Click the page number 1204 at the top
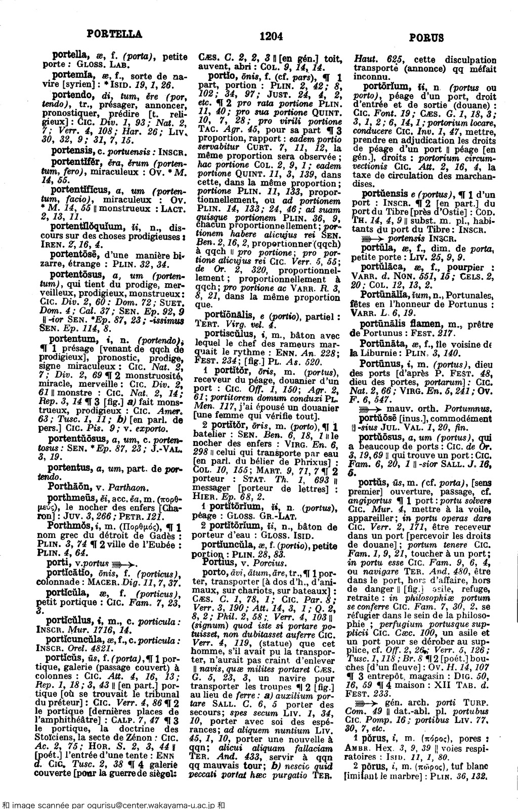271,36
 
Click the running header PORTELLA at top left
114,34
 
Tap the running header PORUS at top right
426,37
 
